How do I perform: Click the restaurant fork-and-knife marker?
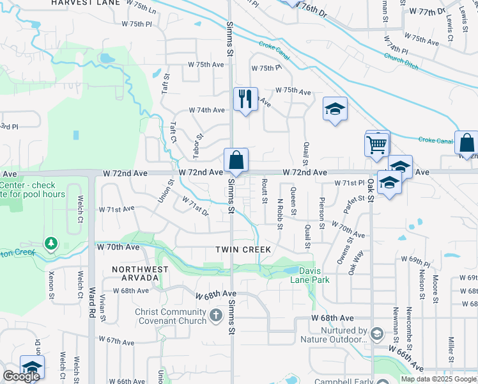point(245,99)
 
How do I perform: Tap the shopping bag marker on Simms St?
point(236,160)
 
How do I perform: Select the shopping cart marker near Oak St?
point(377,145)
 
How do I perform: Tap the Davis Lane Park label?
point(300,275)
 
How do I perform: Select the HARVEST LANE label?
point(86,3)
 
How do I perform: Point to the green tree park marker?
point(50,243)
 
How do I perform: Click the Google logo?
point(21,376)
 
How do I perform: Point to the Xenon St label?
point(51,286)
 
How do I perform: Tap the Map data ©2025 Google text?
point(438,379)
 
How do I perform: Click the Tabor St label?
point(197,146)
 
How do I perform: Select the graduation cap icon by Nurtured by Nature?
point(377,333)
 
